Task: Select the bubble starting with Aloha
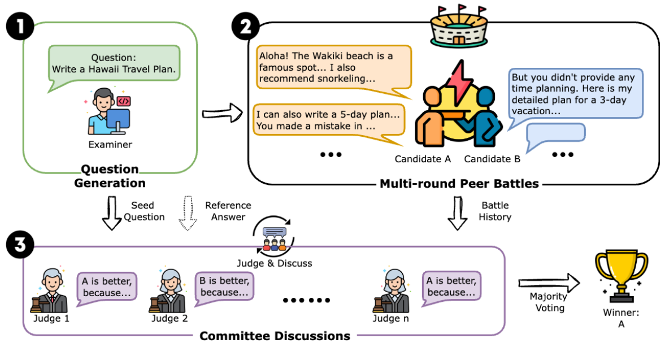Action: [334, 67]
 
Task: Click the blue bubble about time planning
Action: [575, 93]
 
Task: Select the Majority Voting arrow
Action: [549, 281]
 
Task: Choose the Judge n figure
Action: [392, 290]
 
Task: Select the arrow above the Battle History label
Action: [459, 212]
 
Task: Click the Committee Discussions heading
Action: [275, 336]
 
